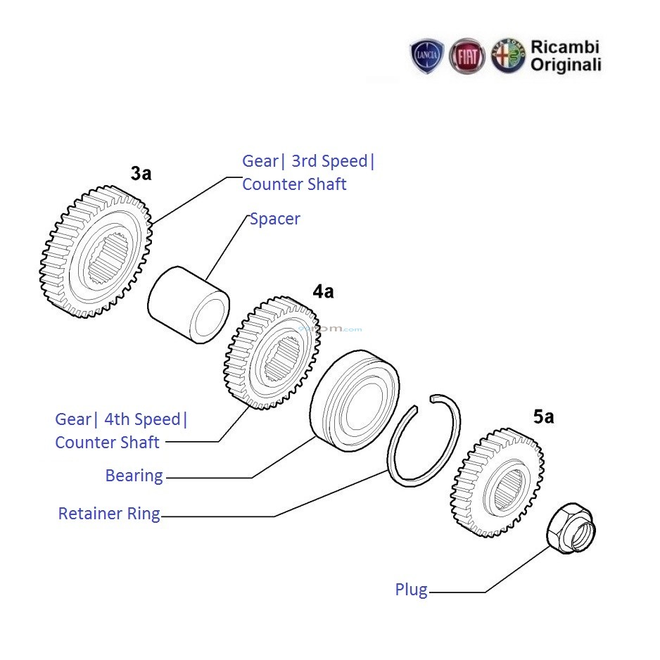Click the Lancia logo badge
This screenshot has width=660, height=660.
tap(427, 56)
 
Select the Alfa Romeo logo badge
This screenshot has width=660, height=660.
tap(508, 56)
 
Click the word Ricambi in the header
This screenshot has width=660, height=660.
tap(565, 47)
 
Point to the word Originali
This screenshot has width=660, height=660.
tap(566, 65)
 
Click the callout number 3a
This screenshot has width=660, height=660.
tap(141, 173)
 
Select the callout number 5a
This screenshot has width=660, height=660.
tap(543, 417)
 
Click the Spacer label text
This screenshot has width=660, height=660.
tap(275, 219)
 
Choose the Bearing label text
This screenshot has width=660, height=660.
tap(134, 476)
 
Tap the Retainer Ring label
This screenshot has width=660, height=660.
tap(109, 514)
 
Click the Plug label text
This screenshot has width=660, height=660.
tap(411, 590)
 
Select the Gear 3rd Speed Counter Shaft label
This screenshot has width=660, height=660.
tap(308, 172)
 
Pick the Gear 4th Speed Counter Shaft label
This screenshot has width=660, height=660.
tap(121, 431)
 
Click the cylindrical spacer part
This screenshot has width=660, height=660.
tap(189, 305)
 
